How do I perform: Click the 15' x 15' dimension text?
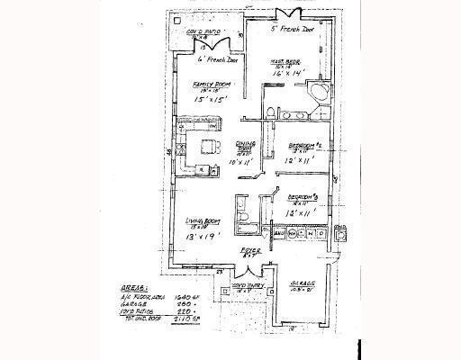(211, 101)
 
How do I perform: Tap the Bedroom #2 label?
(304, 144)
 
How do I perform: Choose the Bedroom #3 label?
(302, 196)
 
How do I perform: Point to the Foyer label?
(249, 252)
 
